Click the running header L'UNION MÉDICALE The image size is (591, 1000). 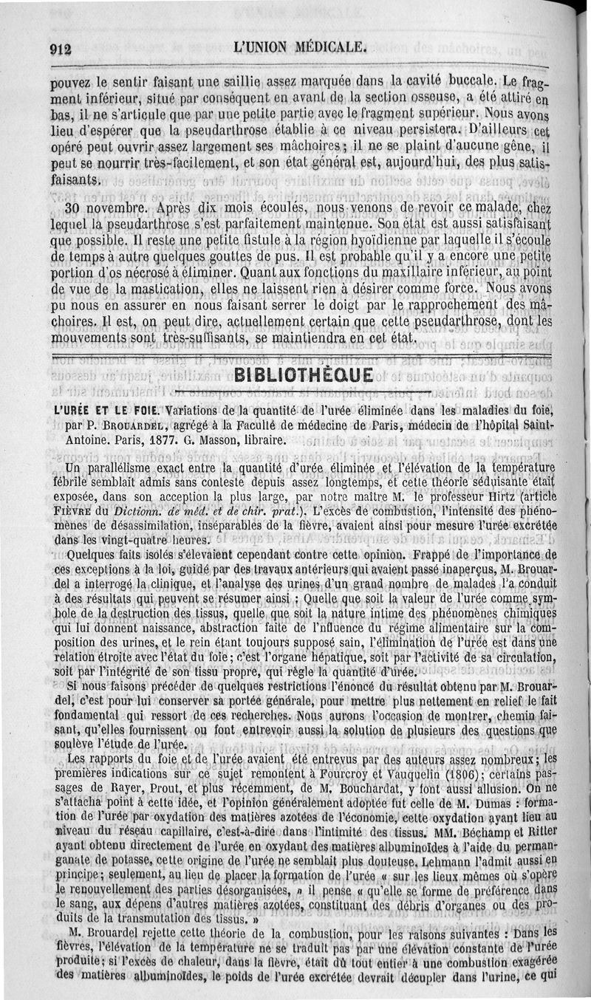(299, 48)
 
